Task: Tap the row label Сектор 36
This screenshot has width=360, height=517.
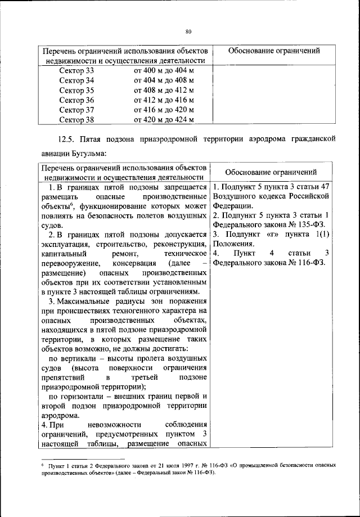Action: pos(76,100)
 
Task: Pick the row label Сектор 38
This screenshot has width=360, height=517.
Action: pos(76,119)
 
